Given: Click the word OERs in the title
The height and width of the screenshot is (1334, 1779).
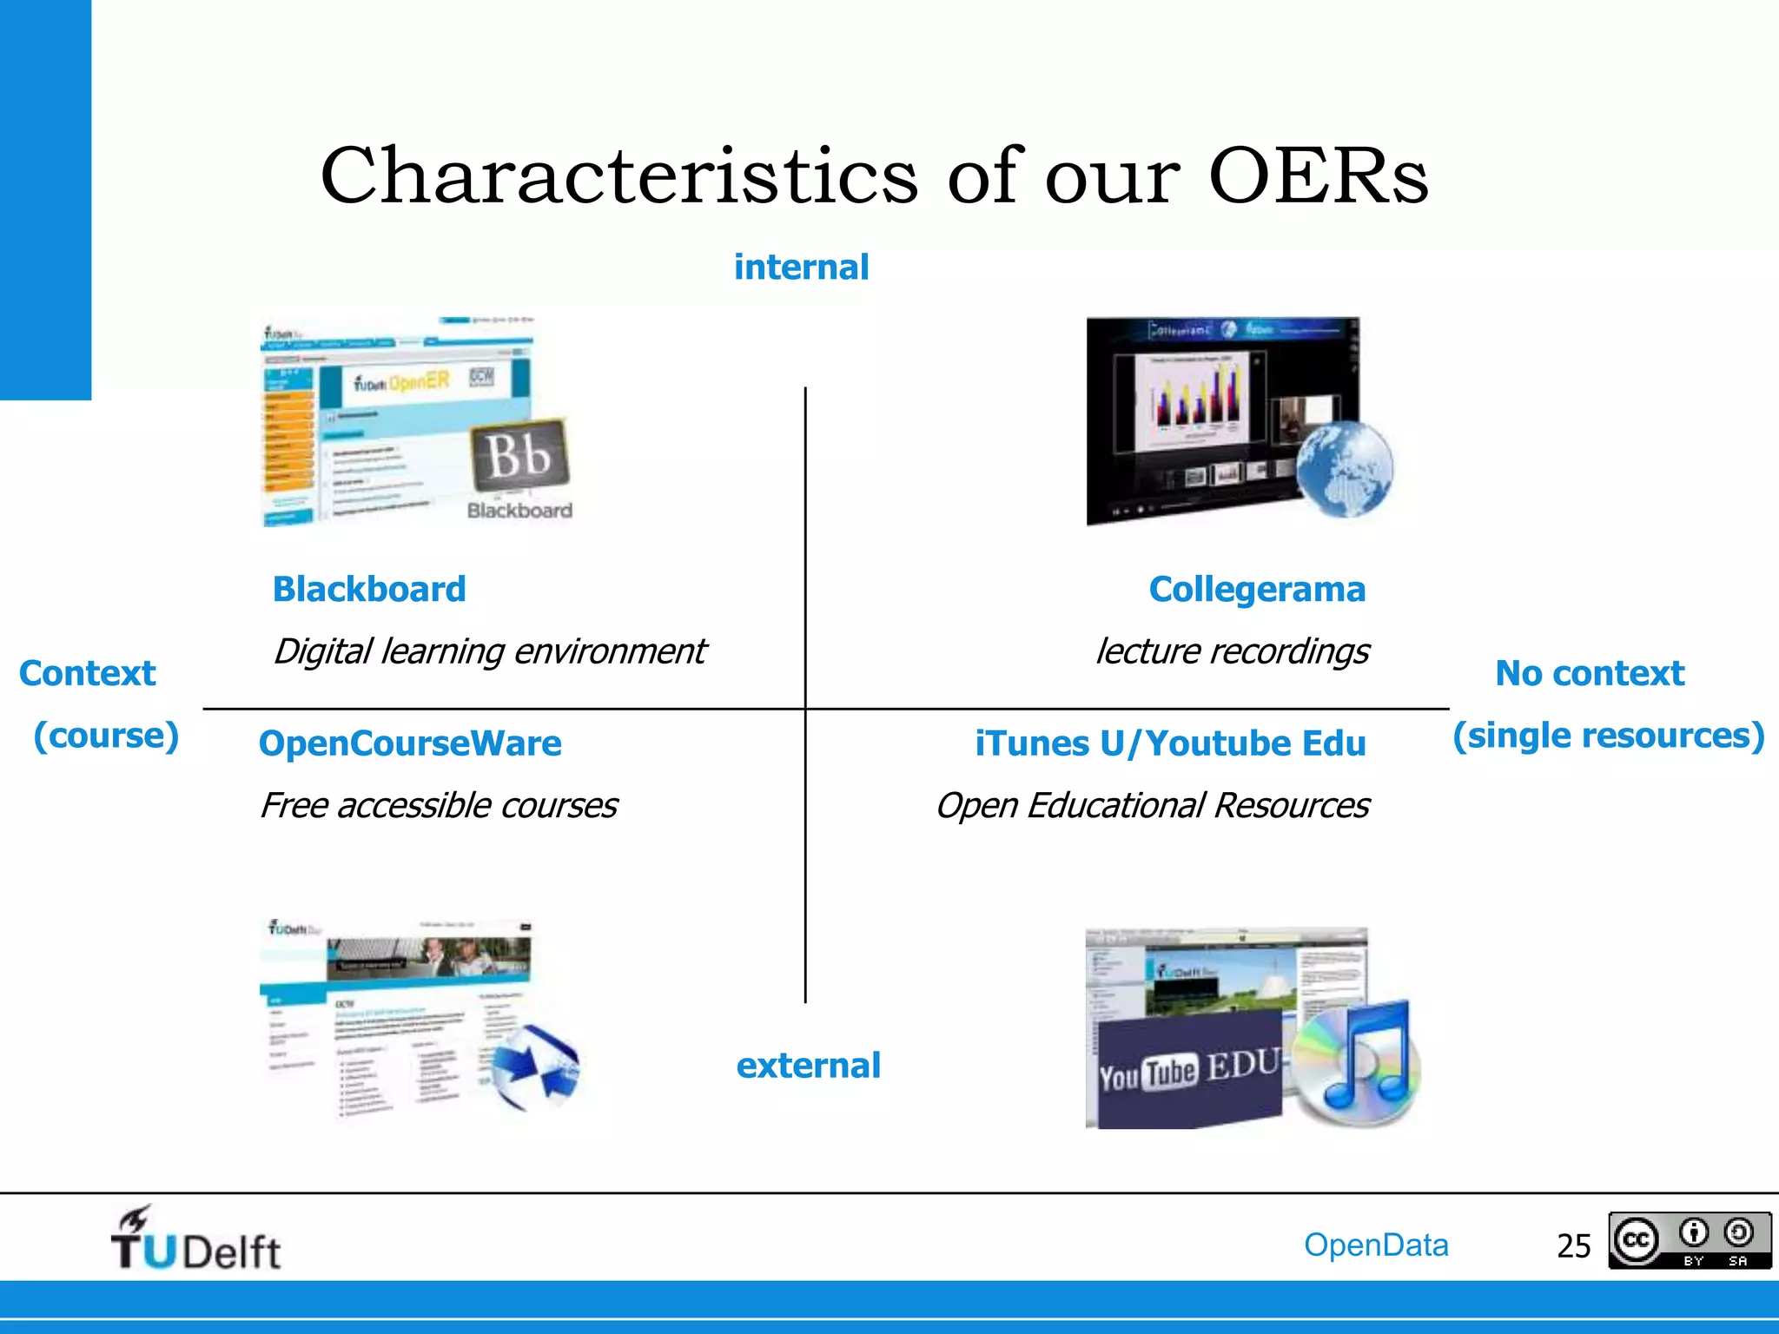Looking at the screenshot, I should click(x=1318, y=176).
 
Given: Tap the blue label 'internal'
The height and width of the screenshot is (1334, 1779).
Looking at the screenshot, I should click(x=801, y=267).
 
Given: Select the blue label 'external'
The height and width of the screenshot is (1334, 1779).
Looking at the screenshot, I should click(x=808, y=1066).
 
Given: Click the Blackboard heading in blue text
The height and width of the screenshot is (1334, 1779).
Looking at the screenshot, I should click(x=369, y=590).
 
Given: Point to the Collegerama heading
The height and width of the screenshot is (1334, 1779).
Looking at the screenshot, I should click(x=1257, y=590).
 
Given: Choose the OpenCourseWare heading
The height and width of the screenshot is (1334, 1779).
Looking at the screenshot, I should click(x=410, y=743).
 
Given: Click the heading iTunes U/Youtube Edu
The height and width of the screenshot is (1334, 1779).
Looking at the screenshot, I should click(x=1169, y=743).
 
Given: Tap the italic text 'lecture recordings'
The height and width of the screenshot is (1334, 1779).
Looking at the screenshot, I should click(x=1232, y=651).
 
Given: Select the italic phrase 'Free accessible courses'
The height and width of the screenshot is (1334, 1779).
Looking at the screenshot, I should click(x=439, y=806).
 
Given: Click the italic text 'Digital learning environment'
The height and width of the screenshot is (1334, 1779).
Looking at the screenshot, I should click(x=490, y=651).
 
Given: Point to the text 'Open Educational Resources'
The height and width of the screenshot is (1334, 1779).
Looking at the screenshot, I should click(x=1152, y=806).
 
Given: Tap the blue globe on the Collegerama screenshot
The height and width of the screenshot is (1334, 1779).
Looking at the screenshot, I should click(x=1344, y=470).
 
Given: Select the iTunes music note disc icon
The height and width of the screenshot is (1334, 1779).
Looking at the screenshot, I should click(x=1358, y=1064).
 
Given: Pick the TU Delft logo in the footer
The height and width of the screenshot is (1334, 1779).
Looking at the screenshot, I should click(x=195, y=1240).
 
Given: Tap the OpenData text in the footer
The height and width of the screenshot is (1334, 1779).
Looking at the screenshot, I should click(x=1376, y=1245).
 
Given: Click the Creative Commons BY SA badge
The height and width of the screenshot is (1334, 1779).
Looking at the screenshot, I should click(x=1689, y=1241).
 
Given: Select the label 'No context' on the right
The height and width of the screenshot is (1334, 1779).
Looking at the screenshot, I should click(x=1589, y=674).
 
